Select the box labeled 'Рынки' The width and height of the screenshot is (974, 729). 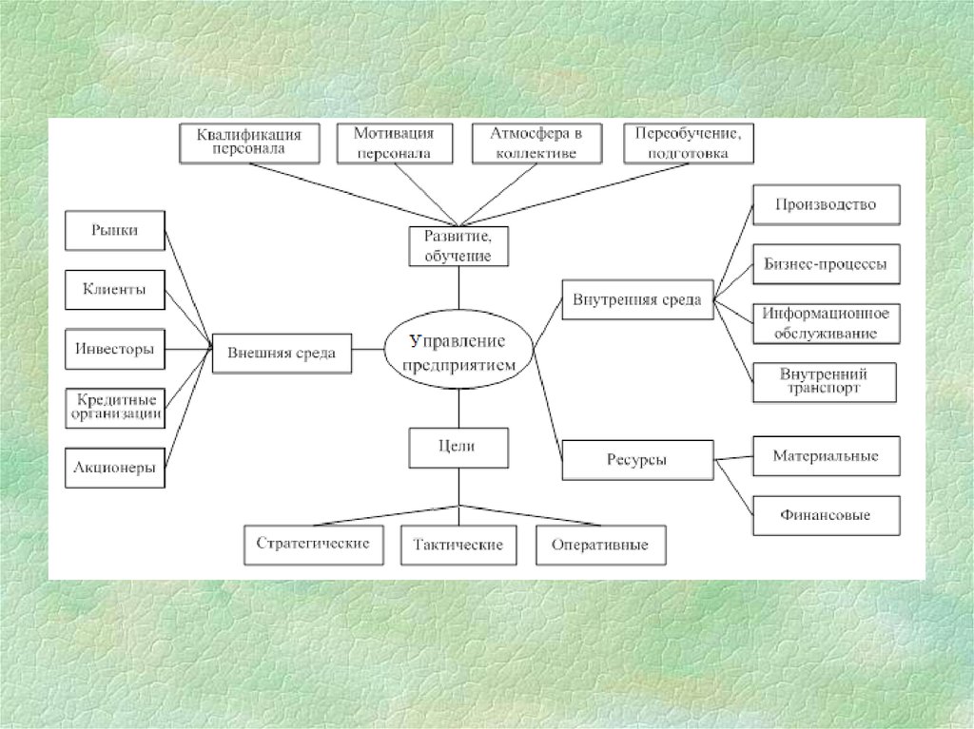coord(114,229)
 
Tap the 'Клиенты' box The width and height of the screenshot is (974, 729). coord(114,290)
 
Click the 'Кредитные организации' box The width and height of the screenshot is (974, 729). coord(114,407)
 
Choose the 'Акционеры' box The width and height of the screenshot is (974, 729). coord(114,468)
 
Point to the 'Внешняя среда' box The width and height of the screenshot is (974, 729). coord(281,353)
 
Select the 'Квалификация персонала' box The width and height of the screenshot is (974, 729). coord(248,143)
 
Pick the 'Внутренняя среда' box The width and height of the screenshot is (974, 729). coord(637,300)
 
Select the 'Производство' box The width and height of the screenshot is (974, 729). coord(826,204)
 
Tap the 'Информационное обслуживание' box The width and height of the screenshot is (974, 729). coord(826,323)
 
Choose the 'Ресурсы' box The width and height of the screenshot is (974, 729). coord(637,460)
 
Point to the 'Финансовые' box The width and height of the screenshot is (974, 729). coord(826,515)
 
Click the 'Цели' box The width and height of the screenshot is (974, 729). coord(458,447)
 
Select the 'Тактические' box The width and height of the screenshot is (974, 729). coord(458,546)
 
